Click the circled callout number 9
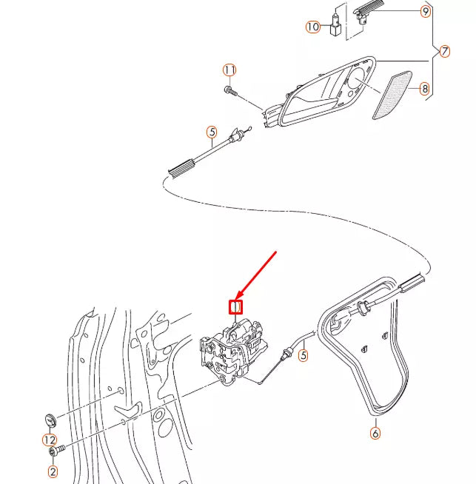pos(425,12)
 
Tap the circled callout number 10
pos(313,27)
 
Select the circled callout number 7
pos(444,52)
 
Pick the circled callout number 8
pos(424,89)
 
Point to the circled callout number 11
pos(230,70)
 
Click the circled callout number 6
pos(375,433)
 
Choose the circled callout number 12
pos(49,440)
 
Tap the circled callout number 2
pos(53,471)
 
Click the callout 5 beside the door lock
pos(303,356)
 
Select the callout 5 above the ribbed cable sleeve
pos(212,133)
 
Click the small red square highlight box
pos(235,306)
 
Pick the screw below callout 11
pos(231,91)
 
